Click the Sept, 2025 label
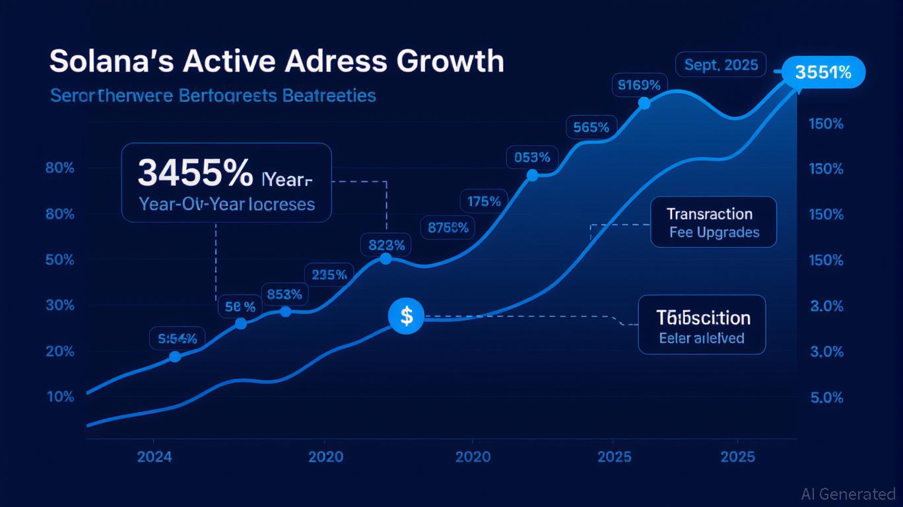pos(721,66)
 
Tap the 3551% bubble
pos(822,72)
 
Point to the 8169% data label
pos(639,84)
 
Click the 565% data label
pos(591,127)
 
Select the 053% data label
pos(532,157)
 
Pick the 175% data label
pos(484,201)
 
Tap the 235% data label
pos(329,275)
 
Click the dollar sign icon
pos(406,316)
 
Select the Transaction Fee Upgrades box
pos(714,222)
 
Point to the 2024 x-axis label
pos(154,457)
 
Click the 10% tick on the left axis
pos(60,397)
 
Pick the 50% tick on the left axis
pos(60,259)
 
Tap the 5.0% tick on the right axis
pos(826,397)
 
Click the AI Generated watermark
pos(848,493)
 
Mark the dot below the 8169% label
pos(644,103)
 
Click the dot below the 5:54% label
pos(175,356)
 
